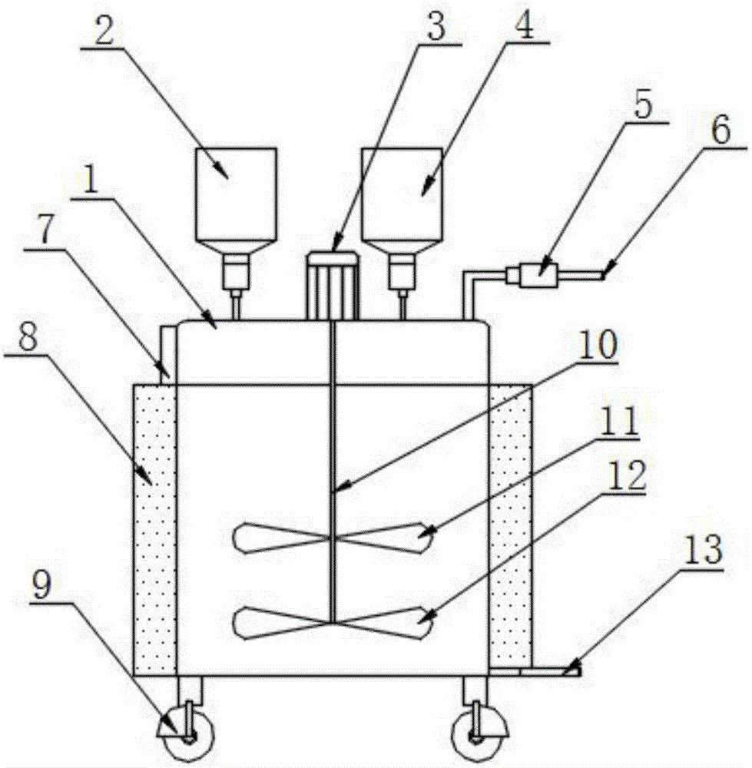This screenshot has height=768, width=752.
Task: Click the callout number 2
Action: point(104,30)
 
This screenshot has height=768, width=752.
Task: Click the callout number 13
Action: point(703,551)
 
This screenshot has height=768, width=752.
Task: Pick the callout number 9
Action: point(41,585)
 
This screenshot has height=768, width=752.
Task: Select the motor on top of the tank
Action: point(332,286)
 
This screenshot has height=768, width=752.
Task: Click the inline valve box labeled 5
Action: point(538,274)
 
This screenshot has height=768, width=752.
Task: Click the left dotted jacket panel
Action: point(155,530)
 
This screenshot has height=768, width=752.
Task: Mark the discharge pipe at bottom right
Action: point(535,672)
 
